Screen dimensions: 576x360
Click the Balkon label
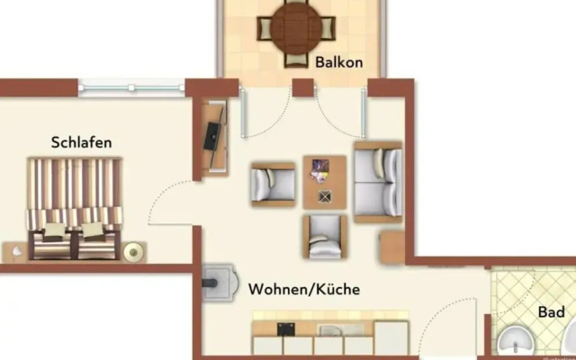coord(338,62)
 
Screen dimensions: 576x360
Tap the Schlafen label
coord(81,142)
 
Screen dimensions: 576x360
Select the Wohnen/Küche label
coord(304,290)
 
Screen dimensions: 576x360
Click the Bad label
coord(551,312)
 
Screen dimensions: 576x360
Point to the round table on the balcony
coord(296,28)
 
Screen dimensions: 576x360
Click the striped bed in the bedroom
coord(75,209)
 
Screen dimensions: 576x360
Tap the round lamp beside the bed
coord(131,252)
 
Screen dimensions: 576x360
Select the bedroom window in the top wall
coord(131,88)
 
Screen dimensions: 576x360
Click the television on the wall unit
coord(213,137)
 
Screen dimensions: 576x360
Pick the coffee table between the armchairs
coord(325,182)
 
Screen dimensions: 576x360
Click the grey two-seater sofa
coord(378,182)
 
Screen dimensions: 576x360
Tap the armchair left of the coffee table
coord(273,184)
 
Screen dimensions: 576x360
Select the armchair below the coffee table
coord(325,237)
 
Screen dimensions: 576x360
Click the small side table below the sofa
coord(392,247)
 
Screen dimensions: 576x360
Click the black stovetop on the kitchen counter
coord(286,329)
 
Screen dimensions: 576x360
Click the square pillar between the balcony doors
coord(303,87)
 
